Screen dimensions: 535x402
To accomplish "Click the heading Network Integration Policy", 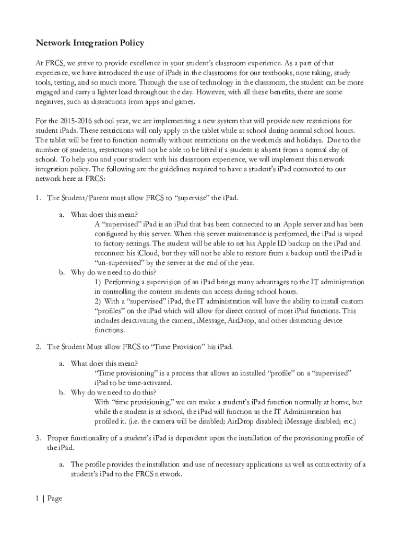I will point(89,43).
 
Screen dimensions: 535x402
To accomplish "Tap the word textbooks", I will point(285,73).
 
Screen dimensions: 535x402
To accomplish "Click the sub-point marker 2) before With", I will point(98,301).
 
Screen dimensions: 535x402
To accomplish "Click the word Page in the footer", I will point(54,498).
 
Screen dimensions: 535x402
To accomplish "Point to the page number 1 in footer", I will point(38,498).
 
